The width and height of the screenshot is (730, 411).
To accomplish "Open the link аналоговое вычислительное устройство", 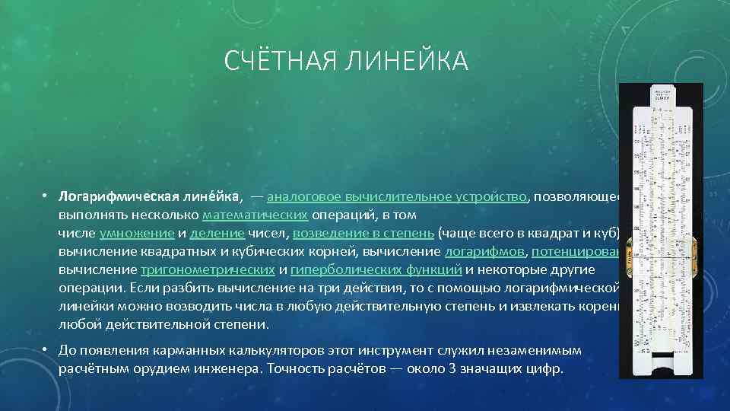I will pyautogui.click(x=398, y=196).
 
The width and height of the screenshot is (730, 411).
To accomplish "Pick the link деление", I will pyautogui.click(x=217, y=233).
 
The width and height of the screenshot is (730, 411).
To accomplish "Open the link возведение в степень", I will pyautogui.click(x=363, y=233).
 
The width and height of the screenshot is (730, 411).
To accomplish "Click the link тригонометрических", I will pyautogui.click(x=208, y=269).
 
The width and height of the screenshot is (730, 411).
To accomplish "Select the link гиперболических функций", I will pyautogui.click(x=376, y=269).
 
